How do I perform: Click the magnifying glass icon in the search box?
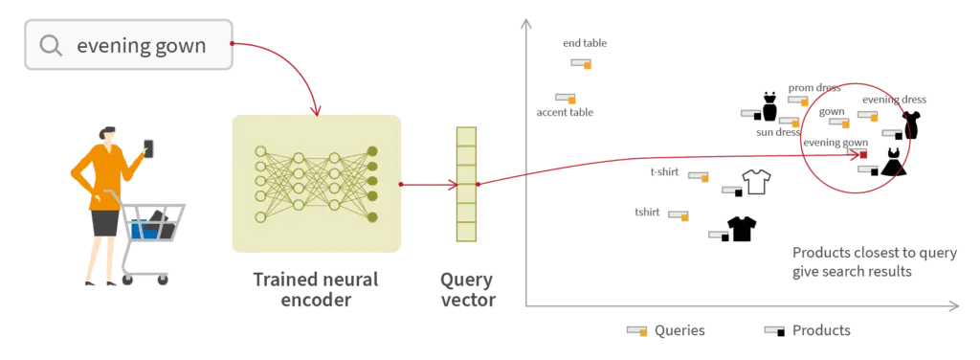coord(52,45)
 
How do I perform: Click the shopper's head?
coord(108,131)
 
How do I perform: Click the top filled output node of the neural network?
coord(371,152)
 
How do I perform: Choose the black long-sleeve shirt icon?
coord(741,229)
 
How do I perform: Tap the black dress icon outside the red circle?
coord(768,105)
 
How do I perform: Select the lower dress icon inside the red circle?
coord(895,163)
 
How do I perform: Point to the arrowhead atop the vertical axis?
coord(523,20)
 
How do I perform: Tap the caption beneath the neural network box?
coord(317,288)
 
